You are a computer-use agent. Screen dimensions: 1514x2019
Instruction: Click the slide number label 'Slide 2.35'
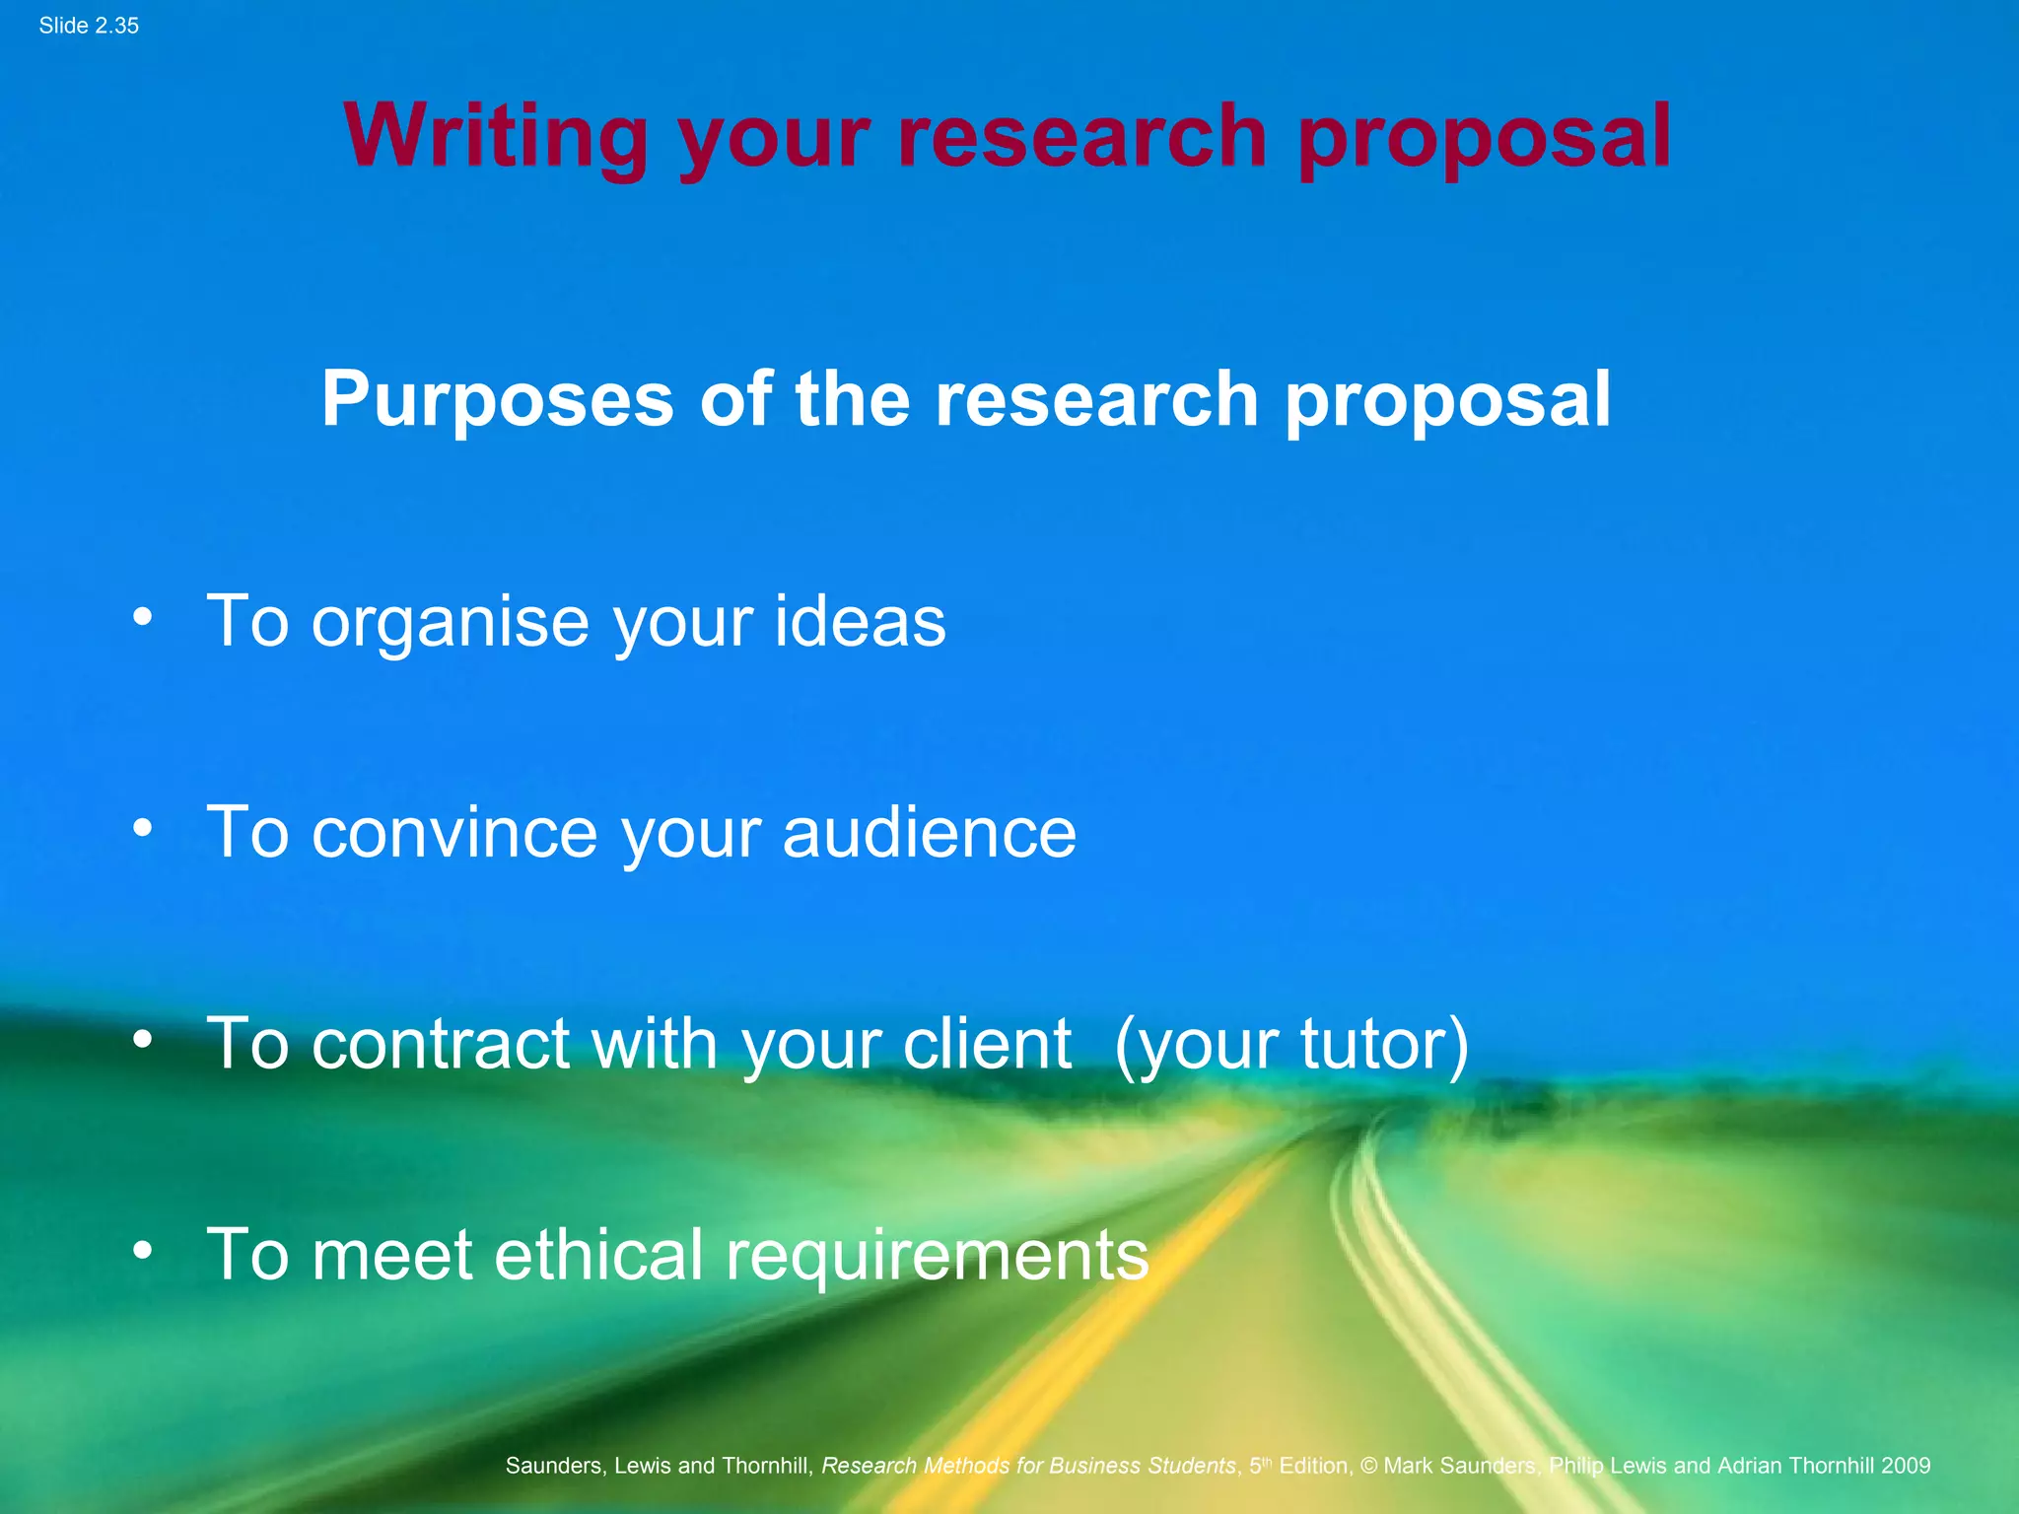(89, 26)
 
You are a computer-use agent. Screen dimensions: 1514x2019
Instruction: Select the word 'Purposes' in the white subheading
(497, 399)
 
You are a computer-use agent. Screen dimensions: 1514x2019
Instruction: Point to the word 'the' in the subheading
(852, 399)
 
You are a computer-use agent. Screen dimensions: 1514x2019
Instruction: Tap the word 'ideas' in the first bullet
(860, 623)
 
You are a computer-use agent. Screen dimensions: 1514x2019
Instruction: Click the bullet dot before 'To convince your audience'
(143, 829)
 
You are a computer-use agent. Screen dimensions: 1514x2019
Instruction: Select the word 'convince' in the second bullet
(454, 833)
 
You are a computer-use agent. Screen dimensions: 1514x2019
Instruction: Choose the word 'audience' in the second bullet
(929, 833)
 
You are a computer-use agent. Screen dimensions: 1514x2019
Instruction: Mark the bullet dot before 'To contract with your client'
(143, 1040)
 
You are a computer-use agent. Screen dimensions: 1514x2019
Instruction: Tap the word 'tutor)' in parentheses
(1384, 1044)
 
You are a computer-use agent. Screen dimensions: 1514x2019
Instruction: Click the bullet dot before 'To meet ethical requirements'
(143, 1251)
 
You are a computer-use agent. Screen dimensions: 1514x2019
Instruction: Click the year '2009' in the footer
(1905, 1466)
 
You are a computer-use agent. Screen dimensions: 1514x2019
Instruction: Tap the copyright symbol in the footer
(1368, 1466)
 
